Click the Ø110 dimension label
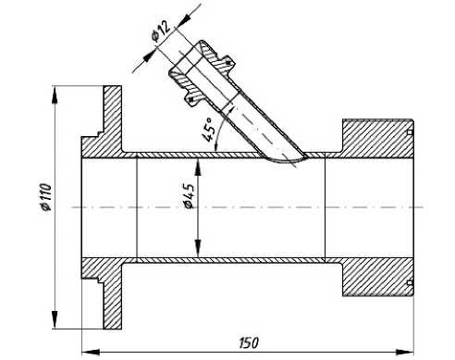click(x=45, y=197)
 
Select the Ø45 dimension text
click(x=189, y=196)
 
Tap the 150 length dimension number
click(x=249, y=342)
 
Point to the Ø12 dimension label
click(x=161, y=31)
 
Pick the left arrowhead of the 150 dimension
click(x=91, y=352)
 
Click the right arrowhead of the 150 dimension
click(x=404, y=352)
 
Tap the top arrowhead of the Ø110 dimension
click(x=55, y=95)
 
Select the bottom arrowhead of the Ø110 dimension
click(x=55, y=319)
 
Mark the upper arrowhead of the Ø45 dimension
click(x=198, y=168)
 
